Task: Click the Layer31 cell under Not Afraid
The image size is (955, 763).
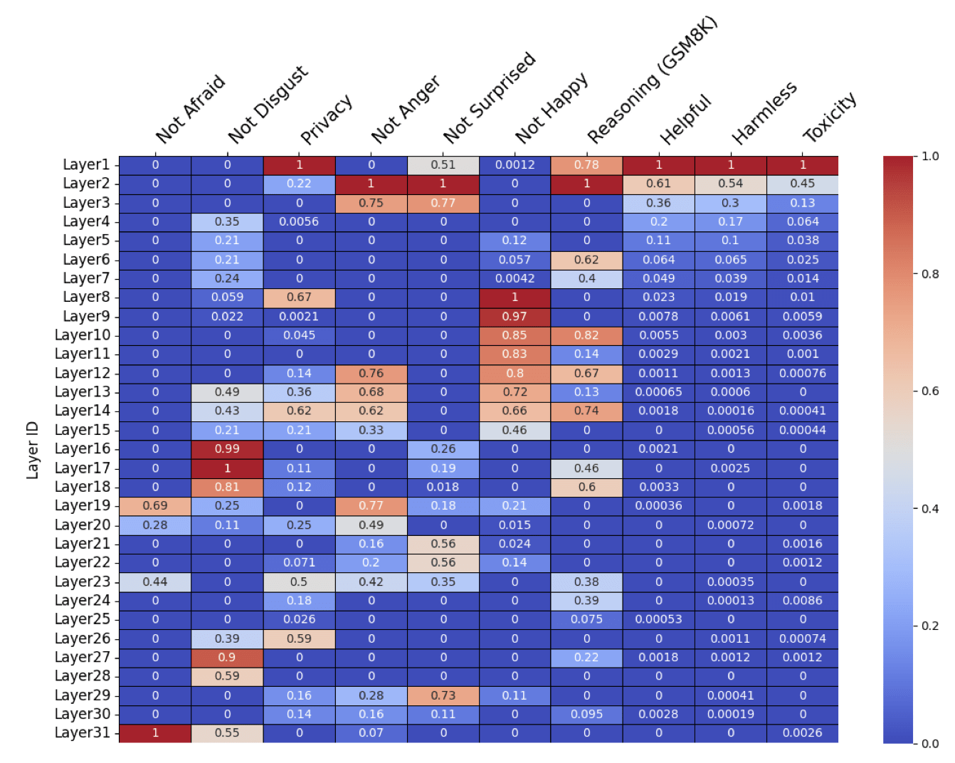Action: (x=155, y=732)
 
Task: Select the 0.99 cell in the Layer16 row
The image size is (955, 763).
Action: (x=227, y=449)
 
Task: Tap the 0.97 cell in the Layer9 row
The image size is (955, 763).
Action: (x=515, y=316)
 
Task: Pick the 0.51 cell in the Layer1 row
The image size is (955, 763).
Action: (x=443, y=164)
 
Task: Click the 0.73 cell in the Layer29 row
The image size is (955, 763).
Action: (x=443, y=695)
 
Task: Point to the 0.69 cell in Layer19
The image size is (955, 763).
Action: (x=155, y=505)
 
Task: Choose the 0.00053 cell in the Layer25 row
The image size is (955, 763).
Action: (x=658, y=619)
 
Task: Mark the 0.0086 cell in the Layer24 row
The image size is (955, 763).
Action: (x=802, y=600)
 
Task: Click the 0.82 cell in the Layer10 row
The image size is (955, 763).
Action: (x=586, y=335)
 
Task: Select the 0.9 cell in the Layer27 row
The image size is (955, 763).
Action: (x=227, y=657)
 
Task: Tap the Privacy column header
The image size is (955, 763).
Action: (x=327, y=119)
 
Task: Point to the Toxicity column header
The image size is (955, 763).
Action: (x=830, y=117)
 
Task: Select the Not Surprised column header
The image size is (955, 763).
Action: (x=490, y=98)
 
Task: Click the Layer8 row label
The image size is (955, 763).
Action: (x=86, y=297)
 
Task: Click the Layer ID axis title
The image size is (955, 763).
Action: (x=32, y=449)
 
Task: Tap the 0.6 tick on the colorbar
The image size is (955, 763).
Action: (x=930, y=391)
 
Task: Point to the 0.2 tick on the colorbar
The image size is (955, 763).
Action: (x=930, y=626)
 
